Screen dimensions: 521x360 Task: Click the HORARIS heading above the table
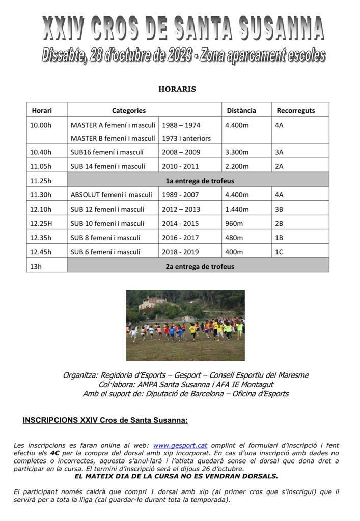pos(177,89)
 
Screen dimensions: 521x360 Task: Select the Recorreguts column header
pos(295,110)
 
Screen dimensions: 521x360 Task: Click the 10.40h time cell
pos(41,152)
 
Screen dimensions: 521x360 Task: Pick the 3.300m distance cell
pos(237,152)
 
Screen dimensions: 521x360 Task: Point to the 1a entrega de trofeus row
pos(200,181)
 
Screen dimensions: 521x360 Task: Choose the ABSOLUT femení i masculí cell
pos(111,194)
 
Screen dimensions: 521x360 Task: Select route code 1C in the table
pos(279,252)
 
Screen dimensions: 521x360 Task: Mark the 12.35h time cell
pos(41,238)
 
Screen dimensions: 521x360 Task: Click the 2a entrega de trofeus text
pos(200,266)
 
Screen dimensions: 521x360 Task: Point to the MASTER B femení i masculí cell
pos(113,138)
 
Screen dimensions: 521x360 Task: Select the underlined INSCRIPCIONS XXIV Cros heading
pos(105,420)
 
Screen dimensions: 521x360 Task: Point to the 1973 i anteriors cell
pos(186,138)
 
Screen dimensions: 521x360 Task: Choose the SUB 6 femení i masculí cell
pos(105,252)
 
